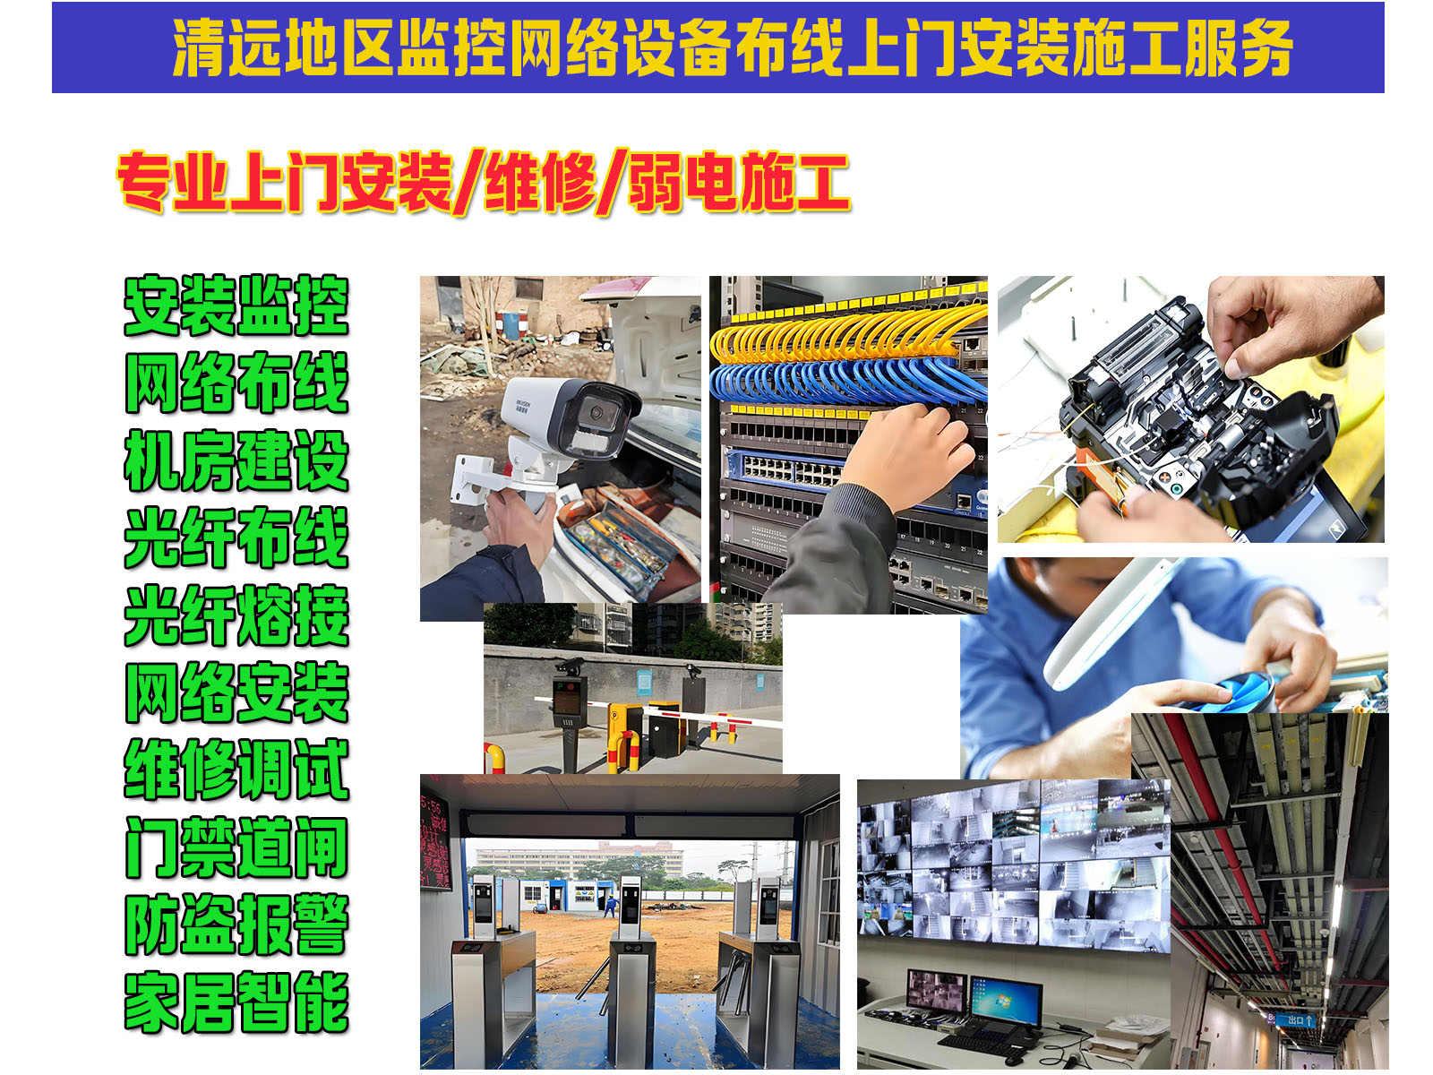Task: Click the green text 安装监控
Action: [x=236, y=305]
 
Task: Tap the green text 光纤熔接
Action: [x=236, y=615]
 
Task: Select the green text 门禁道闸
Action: [x=236, y=847]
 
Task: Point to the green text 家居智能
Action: [x=236, y=1002]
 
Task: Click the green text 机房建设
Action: [x=236, y=460]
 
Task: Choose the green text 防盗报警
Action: [x=236, y=924]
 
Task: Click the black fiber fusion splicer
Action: [x=1191, y=421]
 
